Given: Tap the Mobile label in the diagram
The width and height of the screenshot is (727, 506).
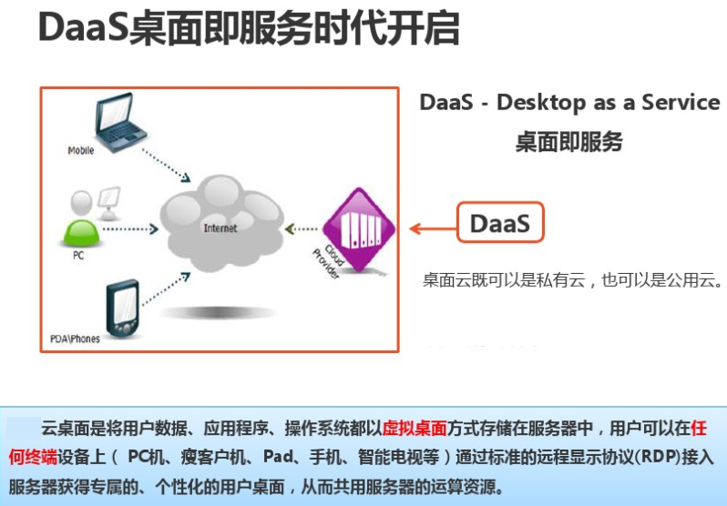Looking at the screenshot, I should coord(81,150).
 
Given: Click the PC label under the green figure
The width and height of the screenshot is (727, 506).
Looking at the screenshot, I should coord(78,257).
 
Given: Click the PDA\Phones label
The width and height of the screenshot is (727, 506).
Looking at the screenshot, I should coord(76,339).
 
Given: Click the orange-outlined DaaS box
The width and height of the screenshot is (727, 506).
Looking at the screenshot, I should coord(499,223).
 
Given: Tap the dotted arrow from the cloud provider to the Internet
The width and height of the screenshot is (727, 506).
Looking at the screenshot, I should coord(302,228).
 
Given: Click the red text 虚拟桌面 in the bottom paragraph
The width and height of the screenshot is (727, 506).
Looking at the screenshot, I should coord(415,428).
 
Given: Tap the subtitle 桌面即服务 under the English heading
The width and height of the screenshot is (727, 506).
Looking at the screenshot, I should coord(569,141).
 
